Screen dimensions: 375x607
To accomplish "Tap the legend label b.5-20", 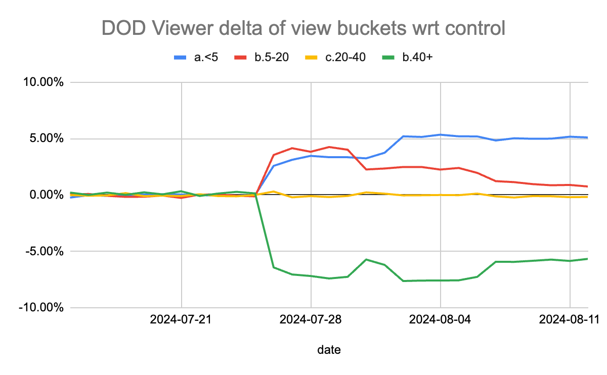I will [272, 57].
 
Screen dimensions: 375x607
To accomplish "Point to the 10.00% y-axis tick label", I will [41, 82].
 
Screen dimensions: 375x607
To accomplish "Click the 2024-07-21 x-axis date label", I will [181, 320].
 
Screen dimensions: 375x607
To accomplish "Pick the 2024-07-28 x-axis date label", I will [311, 320].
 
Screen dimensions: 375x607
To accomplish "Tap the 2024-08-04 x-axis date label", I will [441, 320].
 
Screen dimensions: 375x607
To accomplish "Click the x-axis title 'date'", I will [329, 350].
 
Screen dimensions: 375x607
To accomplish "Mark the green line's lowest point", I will [404, 281].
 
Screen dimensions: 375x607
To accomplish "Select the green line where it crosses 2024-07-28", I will [311, 276].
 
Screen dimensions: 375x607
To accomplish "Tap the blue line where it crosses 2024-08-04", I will [441, 134].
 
